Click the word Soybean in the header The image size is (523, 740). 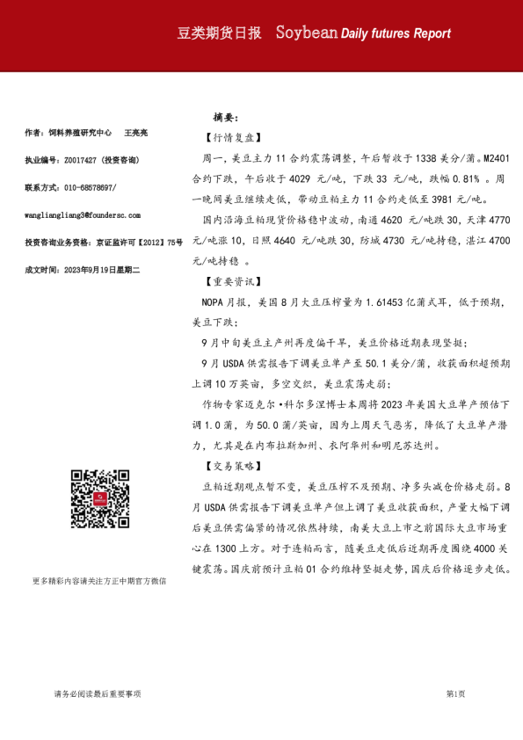point(307,33)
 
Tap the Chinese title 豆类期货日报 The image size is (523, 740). point(220,33)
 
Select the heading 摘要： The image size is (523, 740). point(226,117)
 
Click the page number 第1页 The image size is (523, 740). point(455,694)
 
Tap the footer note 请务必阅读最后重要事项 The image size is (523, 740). point(97,694)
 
